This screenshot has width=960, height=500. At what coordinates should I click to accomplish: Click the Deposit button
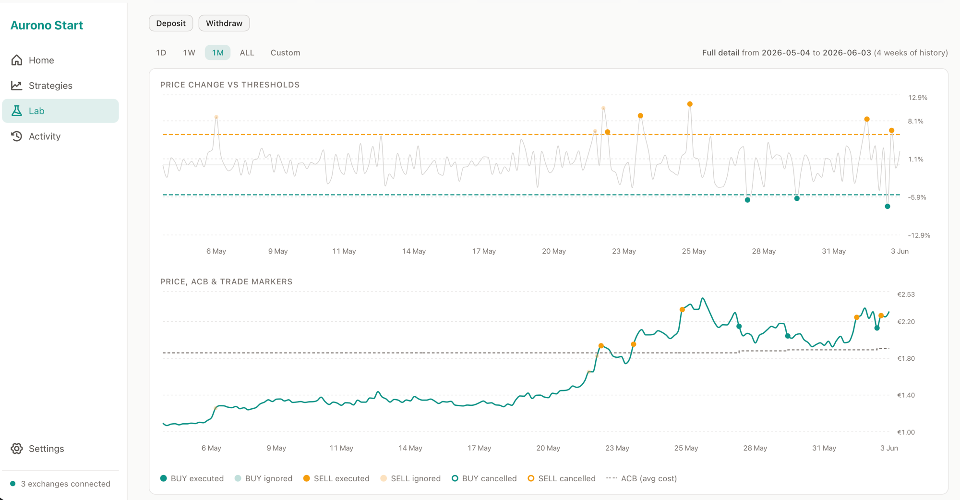[171, 23]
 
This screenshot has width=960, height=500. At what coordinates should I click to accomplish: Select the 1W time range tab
[189, 52]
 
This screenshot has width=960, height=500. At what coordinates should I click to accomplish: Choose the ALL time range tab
[247, 52]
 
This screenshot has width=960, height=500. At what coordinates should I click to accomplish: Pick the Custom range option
[285, 52]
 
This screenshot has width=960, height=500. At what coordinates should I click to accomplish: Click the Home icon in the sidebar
[17, 60]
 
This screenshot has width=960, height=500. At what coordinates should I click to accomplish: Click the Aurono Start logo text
[47, 25]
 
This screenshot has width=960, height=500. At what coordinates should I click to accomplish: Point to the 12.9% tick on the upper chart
[917, 98]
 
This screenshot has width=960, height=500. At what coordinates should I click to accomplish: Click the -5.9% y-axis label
[917, 197]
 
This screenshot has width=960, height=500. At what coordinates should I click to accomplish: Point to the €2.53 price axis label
[906, 294]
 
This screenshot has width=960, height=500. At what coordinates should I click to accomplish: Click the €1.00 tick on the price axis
[906, 432]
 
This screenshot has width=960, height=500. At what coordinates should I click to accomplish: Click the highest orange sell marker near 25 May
[690, 104]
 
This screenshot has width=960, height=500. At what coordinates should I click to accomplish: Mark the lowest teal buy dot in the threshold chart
[888, 207]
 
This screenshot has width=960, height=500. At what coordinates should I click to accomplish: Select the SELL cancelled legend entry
[562, 478]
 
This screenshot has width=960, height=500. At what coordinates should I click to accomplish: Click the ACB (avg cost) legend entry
[642, 478]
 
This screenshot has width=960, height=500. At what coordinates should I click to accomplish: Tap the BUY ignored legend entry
[264, 478]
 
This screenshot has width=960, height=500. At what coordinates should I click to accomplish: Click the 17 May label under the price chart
[479, 448]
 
